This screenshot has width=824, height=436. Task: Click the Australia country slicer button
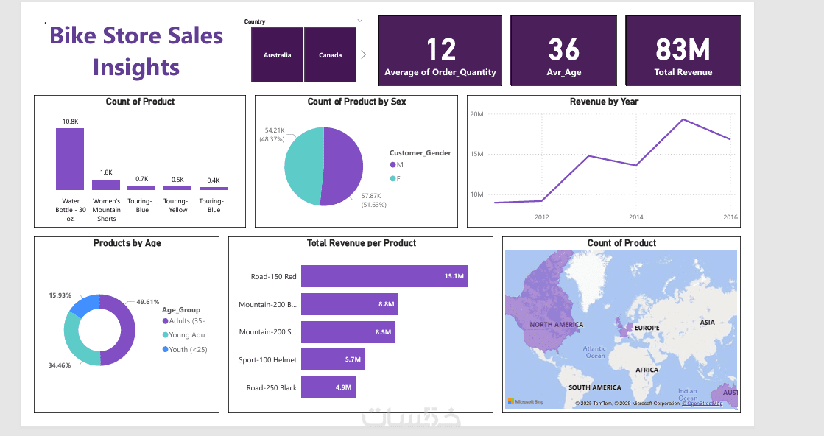(278, 54)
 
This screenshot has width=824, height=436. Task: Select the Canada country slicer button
(331, 54)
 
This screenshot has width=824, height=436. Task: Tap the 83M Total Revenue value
(683, 50)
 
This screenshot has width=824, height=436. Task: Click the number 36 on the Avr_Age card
(563, 50)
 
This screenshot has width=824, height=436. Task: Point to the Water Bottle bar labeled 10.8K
(70, 159)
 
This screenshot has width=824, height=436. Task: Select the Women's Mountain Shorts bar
(106, 185)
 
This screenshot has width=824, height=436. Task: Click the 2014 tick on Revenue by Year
(636, 217)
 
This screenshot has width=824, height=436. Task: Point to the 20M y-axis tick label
(476, 114)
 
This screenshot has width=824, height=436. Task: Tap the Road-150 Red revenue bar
(384, 276)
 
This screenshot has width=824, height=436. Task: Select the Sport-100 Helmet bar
(333, 359)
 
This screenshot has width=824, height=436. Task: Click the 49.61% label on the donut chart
(148, 302)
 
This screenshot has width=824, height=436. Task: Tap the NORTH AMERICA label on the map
(556, 325)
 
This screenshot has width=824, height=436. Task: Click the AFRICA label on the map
(647, 370)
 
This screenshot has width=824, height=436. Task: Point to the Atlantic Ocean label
(594, 352)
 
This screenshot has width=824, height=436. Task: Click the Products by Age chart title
(127, 243)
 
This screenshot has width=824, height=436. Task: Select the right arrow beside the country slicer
(364, 54)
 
